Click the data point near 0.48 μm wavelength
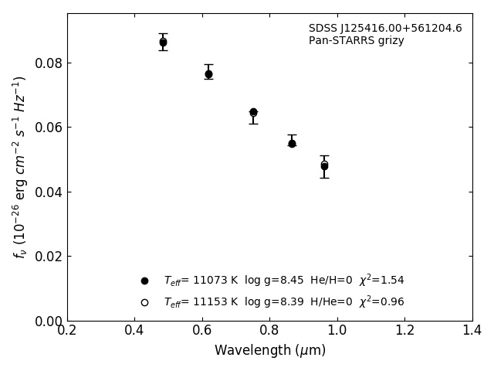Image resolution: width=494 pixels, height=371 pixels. click(163, 42)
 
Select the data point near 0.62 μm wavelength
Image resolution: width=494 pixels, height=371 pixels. click(208, 74)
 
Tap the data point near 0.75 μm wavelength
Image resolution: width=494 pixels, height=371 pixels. click(253, 112)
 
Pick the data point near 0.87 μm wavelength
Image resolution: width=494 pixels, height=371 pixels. click(292, 143)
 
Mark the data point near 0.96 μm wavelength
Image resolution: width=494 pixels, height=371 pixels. click(324, 165)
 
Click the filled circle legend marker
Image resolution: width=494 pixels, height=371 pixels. click(144, 281)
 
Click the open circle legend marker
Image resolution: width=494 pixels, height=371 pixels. click(144, 302)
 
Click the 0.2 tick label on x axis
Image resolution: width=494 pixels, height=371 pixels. click(67, 331)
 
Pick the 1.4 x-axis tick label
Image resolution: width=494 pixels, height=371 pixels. click(472, 331)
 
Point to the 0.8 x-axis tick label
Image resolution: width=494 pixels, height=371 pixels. click(269, 331)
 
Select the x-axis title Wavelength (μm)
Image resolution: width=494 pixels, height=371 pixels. click(270, 351)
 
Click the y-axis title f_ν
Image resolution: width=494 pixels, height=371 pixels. click(20, 167)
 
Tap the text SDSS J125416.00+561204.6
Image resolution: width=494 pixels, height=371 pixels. click(385, 29)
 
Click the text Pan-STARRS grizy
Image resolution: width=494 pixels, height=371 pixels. click(357, 41)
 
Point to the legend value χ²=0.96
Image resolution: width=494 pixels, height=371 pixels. click(381, 302)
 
